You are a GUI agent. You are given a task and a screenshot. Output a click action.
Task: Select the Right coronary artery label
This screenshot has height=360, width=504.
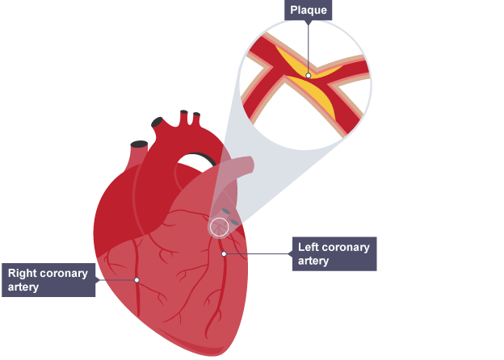(48, 279)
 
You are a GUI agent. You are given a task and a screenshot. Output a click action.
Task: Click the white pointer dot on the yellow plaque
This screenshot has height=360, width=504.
(308, 75)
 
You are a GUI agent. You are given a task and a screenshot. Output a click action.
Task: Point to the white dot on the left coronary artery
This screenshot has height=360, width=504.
(224, 254)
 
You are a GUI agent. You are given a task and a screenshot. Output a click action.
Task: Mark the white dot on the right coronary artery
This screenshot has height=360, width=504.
(137, 279)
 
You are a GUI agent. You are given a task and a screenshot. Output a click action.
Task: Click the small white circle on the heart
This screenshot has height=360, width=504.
(219, 227)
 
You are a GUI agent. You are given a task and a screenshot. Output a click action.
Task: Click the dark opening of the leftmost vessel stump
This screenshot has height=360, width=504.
(139, 144)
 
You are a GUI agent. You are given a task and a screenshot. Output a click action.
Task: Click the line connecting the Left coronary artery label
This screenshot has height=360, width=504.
(258, 254)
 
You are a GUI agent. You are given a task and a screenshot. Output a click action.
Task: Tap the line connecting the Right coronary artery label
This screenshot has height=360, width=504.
(116, 279)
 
